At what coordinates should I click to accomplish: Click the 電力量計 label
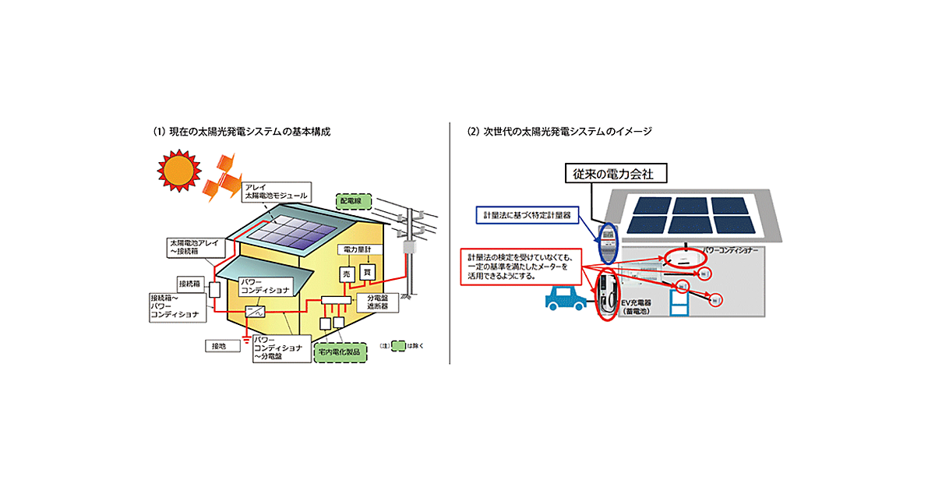point(357,250)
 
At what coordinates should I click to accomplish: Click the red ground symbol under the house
point(247,337)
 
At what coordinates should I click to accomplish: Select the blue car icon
point(563,298)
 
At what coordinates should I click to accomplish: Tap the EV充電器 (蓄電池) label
point(644,306)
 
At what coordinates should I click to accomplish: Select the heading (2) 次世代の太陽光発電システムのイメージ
point(559,132)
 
